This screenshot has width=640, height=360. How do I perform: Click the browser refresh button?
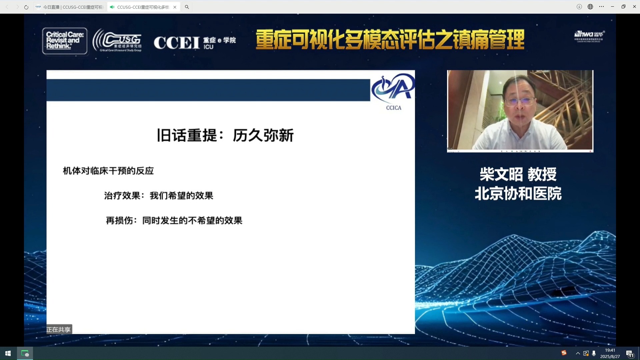[x=26, y=7]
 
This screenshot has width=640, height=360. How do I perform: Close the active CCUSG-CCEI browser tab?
[x=175, y=7]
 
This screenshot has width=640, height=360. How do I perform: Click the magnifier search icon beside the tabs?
[x=187, y=7]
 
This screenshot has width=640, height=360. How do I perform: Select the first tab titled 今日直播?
[x=70, y=7]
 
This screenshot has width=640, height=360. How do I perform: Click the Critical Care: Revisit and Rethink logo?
[x=65, y=41]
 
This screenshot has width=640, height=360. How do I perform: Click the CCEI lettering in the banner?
[x=177, y=43]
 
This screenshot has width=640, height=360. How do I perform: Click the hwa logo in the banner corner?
[x=589, y=35]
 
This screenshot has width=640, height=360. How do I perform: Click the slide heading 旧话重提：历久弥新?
[x=225, y=135]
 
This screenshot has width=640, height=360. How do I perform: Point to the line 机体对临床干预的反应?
[x=108, y=171]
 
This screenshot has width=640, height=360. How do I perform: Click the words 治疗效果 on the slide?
[x=122, y=196]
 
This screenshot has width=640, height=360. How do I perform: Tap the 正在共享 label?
[x=59, y=330]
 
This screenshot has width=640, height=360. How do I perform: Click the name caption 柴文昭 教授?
[x=518, y=174]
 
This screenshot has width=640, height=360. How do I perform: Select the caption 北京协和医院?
[x=518, y=194]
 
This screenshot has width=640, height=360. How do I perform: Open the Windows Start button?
[x=8, y=353]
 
